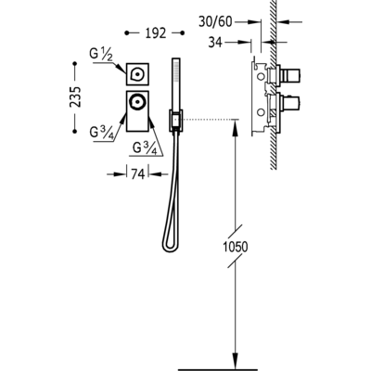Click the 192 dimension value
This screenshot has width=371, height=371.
point(156,33)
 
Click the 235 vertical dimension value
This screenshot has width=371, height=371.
point(75,97)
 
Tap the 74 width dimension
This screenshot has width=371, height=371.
point(138,174)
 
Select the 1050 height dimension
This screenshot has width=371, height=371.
point(236,247)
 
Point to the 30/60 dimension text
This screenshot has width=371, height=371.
point(215,22)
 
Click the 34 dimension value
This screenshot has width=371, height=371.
point(215,43)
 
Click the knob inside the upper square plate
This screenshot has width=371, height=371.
point(136,74)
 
